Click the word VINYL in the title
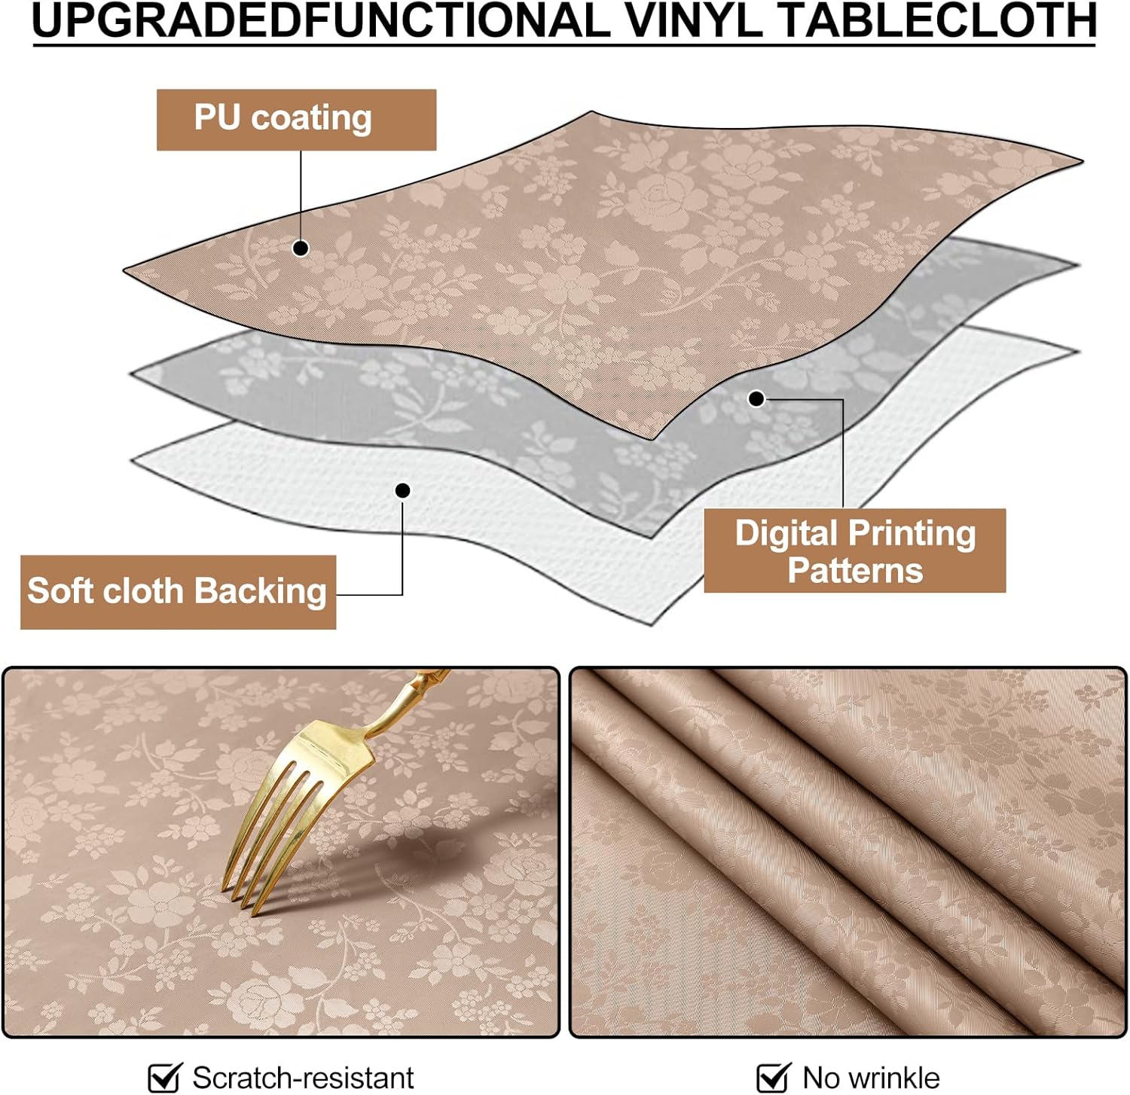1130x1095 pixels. coord(692,20)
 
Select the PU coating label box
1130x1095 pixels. coord(296,120)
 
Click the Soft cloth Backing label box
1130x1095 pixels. coord(178,592)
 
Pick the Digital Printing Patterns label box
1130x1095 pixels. coord(854,551)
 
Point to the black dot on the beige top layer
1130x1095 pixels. coord(301,248)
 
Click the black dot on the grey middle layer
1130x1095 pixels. coord(756,398)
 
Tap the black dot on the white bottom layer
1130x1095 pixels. coord(403,491)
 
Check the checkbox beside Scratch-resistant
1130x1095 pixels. coord(164,1077)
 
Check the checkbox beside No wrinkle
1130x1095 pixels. coord(772,1077)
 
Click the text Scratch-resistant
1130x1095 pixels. coord(303,1078)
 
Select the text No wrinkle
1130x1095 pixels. coord(871,1078)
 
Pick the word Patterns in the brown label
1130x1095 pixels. coord(855,570)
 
